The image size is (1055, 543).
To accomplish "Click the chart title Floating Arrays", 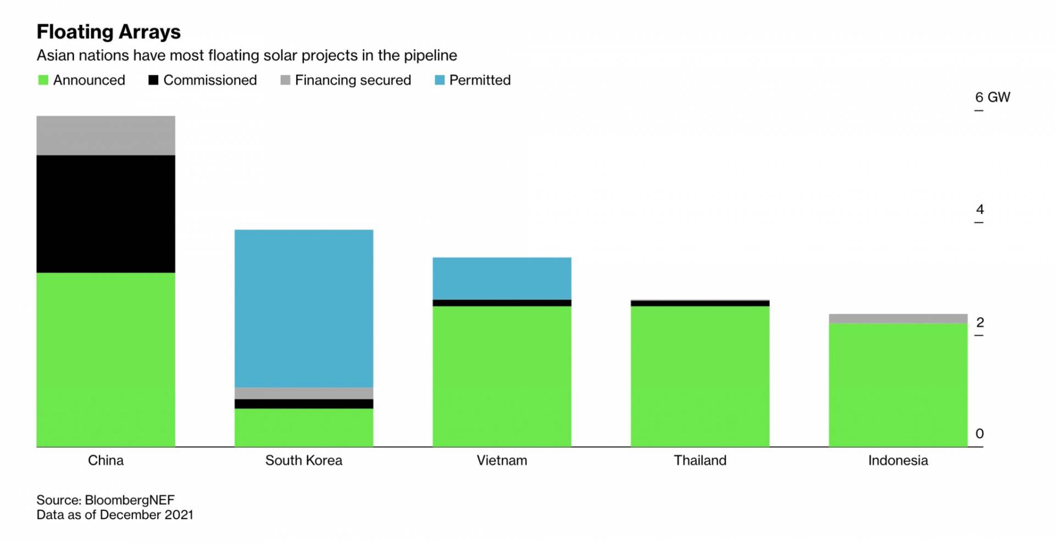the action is [108, 32].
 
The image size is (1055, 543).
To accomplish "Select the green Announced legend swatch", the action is [43, 80].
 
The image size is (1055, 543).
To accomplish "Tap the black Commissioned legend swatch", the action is [153, 80].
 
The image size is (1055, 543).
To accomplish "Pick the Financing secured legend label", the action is [353, 80].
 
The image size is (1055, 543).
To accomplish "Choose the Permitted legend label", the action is [480, 80].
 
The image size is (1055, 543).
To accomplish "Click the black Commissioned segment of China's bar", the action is [106, 214].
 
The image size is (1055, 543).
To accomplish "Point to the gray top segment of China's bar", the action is [106, 135].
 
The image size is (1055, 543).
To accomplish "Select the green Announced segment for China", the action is [106, 360].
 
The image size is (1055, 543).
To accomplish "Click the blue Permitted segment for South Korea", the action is [304, 309].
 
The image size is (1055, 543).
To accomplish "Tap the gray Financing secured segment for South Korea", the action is [304, 393].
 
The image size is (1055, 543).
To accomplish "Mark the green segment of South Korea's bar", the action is [304, 427].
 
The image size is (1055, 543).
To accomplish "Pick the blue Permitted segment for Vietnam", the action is [502, 278].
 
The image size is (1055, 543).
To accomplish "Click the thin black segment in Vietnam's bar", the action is [502, 303].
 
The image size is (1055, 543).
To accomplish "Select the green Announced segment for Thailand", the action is [700, 376].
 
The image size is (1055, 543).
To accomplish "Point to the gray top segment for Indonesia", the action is [898, 319].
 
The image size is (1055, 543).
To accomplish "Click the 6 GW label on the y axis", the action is [992, 97].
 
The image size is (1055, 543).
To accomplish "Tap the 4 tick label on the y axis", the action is [980, 210].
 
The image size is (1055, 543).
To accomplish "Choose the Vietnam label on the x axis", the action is [502, 460].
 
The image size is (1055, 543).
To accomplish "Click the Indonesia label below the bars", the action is [898, 460].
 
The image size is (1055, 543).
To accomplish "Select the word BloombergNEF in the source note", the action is [130, 500].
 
